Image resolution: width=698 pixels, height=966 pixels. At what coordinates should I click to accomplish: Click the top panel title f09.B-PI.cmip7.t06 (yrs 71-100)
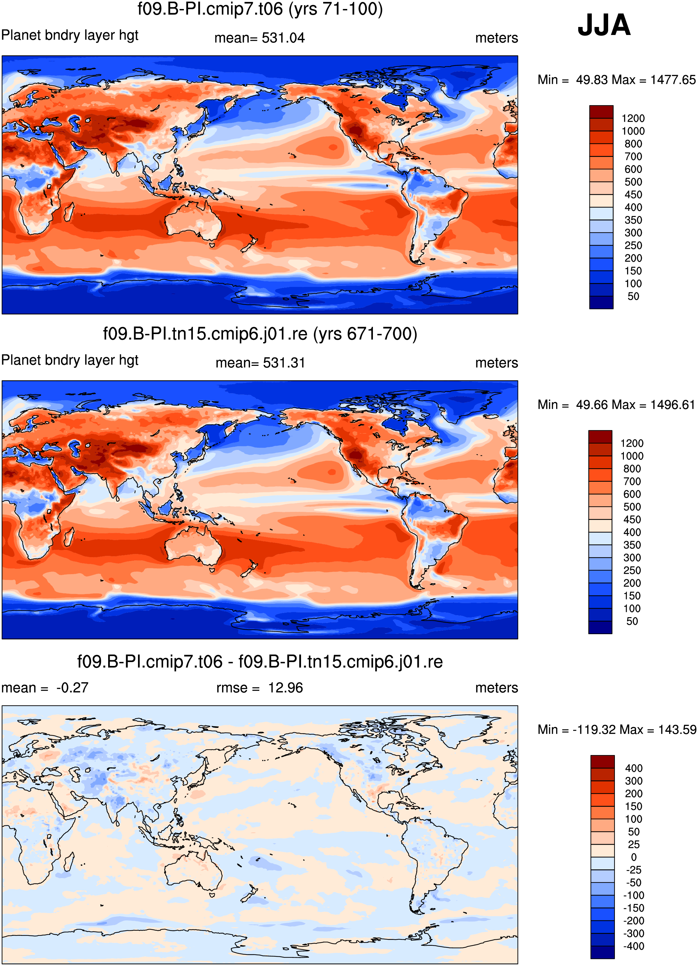click(x=260, y=9)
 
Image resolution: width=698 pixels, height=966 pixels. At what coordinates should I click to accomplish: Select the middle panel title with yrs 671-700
click(x=260, y=333)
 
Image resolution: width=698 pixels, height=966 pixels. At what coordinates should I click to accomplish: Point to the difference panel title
click(x=260, y=661)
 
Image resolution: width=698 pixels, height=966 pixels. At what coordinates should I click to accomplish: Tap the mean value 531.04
click(x=283, y=38)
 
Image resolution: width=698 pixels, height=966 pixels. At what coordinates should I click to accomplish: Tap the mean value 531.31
click(x=284, y=363)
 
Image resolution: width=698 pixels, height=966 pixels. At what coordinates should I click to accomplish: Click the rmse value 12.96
click(x=285, y=688)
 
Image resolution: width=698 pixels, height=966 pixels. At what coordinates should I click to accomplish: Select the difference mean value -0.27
click(x=72, y=688)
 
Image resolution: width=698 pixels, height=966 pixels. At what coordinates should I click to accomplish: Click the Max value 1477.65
click(x=673, y=80)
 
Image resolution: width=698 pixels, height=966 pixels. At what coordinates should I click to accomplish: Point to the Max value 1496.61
click(x=673, y=405)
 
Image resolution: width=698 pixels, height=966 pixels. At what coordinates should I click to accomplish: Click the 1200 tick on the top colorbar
click(x=633, y=118)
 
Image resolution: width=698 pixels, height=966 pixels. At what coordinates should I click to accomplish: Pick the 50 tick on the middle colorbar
click(x=632, y=621)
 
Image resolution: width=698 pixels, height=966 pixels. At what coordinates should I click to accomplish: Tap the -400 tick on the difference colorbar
click(x=634, y=946)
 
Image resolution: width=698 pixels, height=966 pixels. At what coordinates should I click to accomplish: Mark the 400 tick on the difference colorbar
click(x=634, y=768)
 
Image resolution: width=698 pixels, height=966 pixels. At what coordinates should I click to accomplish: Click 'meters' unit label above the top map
click(x=496, y=38)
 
